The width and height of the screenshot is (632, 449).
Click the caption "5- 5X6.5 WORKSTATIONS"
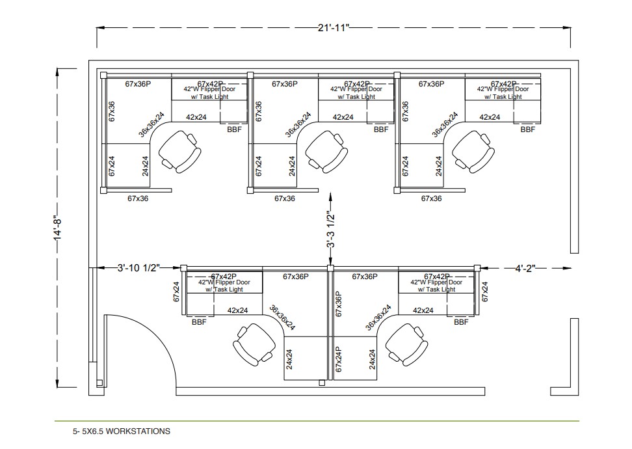[x=122, y=431]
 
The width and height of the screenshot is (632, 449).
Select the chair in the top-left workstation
[x=179, y=151]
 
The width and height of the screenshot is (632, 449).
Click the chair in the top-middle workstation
[x=325, y=151]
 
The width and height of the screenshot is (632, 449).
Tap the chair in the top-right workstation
[x=472, y=151]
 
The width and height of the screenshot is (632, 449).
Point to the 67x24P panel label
[x=339, y=359]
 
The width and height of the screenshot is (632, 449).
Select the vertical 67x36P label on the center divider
[x=339, y=304]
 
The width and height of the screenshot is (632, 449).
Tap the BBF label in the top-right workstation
[x=527, y=129]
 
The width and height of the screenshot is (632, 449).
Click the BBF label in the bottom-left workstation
[x=199, y=322]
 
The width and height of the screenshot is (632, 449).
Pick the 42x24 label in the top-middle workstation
[x=343, y=117]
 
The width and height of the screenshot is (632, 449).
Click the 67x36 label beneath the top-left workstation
[x=138, y=198]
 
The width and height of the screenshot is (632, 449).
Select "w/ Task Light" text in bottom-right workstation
[x=436, y=290]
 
